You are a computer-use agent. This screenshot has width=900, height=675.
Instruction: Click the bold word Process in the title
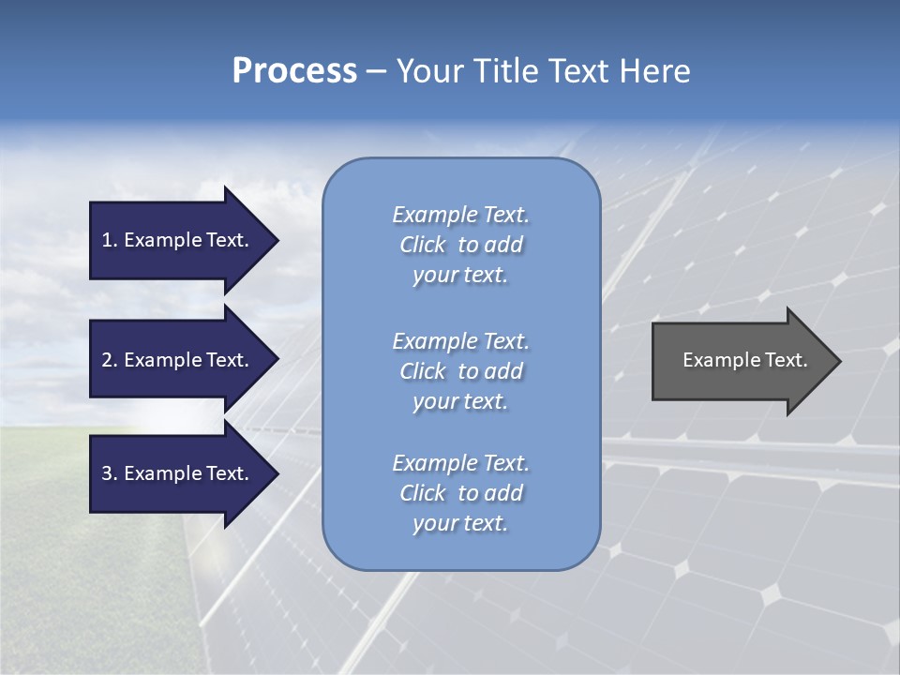294,71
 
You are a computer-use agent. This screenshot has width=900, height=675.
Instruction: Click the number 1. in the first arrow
109,240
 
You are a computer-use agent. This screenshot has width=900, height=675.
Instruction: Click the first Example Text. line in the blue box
460,215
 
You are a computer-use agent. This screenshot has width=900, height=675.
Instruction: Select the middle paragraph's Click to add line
460,371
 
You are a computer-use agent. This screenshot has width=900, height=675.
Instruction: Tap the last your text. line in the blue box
460,523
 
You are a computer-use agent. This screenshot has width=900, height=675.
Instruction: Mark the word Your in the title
427,71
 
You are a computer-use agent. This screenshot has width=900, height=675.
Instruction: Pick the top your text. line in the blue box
460,275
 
